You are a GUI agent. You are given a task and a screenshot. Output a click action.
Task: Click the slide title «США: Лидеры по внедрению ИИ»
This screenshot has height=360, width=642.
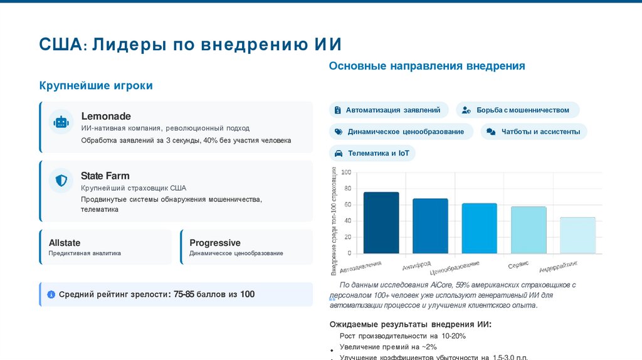pyautogui.click(x=190, y=45)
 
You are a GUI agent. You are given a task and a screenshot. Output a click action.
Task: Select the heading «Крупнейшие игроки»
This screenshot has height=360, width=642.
pyautogui.click(x=96, y=85)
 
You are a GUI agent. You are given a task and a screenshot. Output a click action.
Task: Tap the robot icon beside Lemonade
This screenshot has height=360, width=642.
pyautogui.click(x=61, y=122)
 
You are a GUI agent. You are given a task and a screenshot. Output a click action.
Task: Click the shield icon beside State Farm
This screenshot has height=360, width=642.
pyautogui.click(x=61, y=181)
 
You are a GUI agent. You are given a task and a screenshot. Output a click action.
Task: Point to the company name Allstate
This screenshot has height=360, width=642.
pyautogui.click(x=65, y=243)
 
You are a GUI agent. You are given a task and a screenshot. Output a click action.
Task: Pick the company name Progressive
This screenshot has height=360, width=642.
pyautogui.click(x=215, y=243)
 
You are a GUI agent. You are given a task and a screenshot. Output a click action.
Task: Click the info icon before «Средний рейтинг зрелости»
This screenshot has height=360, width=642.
pyautogui.click(x=51, y=294)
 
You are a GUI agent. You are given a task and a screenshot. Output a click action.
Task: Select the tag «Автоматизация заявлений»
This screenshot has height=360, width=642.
pyautogui.click(x=389, y=110)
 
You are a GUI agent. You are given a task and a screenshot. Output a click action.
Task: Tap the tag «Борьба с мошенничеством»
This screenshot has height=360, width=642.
pyautogui.click(x=517, y=110)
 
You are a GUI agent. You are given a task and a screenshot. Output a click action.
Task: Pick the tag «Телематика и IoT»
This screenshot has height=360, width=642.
pyautogui.click(x=372, y=154)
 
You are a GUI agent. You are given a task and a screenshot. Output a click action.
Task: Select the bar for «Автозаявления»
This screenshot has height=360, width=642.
pyautogui.click(x=381, y=223)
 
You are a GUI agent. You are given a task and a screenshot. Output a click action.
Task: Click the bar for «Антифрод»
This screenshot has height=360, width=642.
pyautogui.click(x=430, y=226)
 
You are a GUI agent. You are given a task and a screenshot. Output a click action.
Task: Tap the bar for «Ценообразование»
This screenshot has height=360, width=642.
pyautogui.click(x=479, y=228)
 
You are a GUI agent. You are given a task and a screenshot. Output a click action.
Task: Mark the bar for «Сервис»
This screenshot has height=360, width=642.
pyautogui.click(x=529, y=230)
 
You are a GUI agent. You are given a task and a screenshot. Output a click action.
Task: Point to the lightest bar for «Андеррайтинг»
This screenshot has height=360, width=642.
pyautogui.click(x=577, y=235)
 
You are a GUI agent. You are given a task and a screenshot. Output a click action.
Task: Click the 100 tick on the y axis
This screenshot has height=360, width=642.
pyautogui.click(x=346, y=172)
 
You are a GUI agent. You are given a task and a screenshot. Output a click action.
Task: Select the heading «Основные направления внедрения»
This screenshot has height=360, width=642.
pyautogui.click(x=427, y=66)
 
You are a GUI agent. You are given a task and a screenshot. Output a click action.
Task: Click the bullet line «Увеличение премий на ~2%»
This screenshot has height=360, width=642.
pyautogui.click(x=387, y=347)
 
